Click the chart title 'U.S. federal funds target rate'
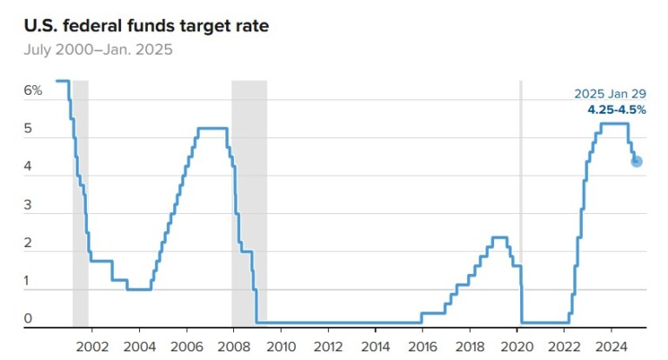[145, 25]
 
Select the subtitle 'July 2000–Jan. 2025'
[98, 50]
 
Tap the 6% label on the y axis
[32, 90]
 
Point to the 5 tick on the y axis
[28, 129]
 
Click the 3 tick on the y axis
[28, 205]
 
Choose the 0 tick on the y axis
[28, 319]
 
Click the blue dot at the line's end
[637, 161]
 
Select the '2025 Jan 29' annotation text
[611, 94]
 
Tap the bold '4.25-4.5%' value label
[618, 110]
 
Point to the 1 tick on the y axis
[28, 281]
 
